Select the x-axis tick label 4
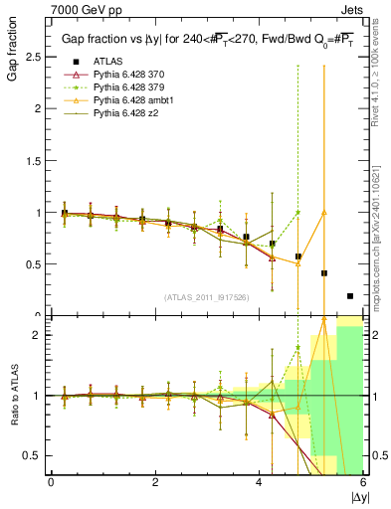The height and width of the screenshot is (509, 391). point(259,482)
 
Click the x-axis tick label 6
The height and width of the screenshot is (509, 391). point(363,482)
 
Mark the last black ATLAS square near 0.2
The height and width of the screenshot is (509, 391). point(349,295)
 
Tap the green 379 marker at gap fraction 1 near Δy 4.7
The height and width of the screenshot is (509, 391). point(297,212)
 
